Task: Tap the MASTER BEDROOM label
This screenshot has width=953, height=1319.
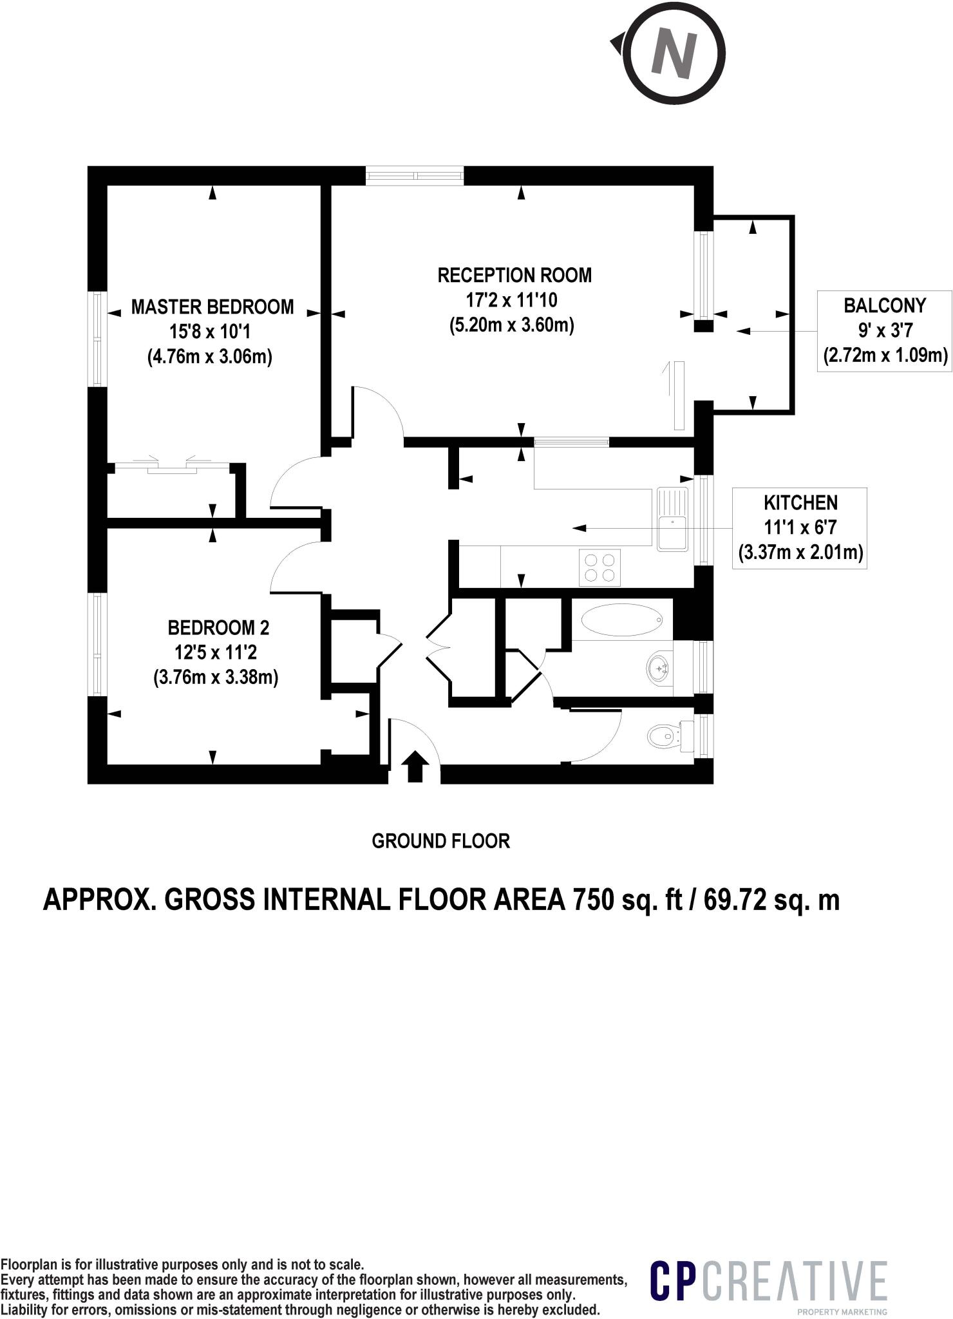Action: (212, 307)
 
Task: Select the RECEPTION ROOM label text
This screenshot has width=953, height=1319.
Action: (514, 275)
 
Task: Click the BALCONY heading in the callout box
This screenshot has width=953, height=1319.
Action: (884, 305)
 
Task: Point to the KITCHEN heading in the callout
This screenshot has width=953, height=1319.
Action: (800, 502)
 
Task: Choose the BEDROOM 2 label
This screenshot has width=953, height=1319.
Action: (218, 627)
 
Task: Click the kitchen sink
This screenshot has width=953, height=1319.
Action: (672, 520)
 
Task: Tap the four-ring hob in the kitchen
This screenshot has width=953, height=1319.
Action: (599, 567)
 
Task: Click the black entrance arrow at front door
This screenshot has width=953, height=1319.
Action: (415, 766)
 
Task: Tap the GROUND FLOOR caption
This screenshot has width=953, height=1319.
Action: (440, 841)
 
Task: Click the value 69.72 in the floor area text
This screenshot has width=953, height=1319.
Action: (734, 900)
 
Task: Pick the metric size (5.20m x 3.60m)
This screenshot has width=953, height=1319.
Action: (512, 325)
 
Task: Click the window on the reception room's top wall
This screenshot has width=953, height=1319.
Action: (415, 175)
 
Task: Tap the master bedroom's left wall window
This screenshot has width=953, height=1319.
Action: (97, 339)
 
